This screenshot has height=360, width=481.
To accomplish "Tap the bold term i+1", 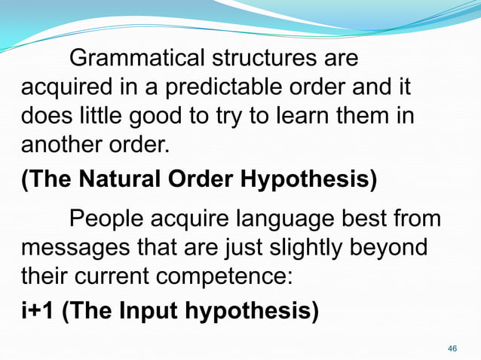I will point(37,310).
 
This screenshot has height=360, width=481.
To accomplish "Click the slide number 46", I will point(452,349).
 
